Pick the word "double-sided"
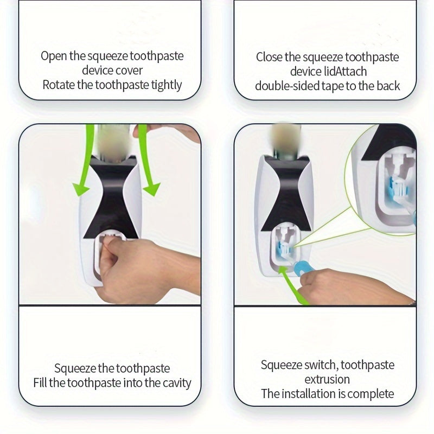point(288,86)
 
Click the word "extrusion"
point(327,379)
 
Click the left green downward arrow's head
point(80,189)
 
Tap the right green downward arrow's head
point(152,189)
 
